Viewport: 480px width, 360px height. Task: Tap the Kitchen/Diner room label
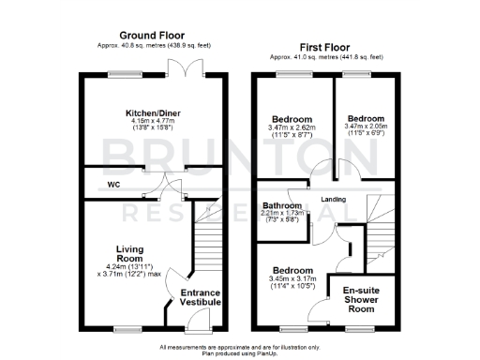click(154, 113)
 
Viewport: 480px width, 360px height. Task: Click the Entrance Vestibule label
click(200, 297)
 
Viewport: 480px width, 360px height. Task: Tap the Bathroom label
click(281, 205)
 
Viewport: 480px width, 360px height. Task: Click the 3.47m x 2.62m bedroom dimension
click(292, 128)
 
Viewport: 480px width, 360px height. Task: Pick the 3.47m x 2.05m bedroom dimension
click(366, 128)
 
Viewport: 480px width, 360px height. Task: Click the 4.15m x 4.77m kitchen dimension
click(154, 122)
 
